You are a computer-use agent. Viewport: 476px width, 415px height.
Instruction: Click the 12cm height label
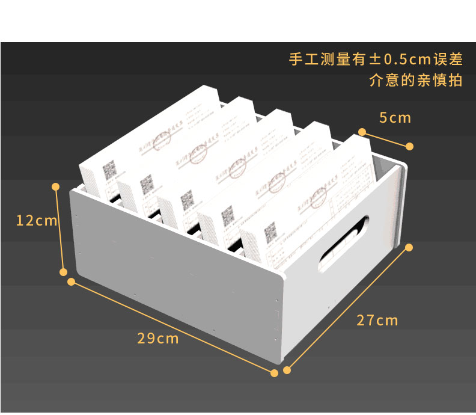point(36,221)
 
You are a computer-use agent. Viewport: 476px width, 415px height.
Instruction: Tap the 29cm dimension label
point(158,339)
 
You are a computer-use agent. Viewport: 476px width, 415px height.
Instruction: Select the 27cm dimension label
point(377,320)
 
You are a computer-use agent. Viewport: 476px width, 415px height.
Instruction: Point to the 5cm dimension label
point(395,118)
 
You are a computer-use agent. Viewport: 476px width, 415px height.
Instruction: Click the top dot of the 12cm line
point(56,186)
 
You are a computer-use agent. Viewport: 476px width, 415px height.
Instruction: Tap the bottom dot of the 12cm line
point(64,272)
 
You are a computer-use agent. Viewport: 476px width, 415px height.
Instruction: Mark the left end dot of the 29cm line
point(72,281)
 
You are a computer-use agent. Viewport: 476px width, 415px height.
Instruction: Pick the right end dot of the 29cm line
point(275,373)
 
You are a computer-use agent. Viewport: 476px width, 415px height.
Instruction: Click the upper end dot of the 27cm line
point(409,247)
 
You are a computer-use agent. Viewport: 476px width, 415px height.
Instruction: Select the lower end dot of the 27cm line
point(287,370)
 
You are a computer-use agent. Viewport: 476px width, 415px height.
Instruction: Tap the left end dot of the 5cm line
point(362,131)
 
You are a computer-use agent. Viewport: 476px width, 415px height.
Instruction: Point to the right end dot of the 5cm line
point(410,146)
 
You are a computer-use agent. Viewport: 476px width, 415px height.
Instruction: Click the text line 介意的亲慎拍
point(416,81)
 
